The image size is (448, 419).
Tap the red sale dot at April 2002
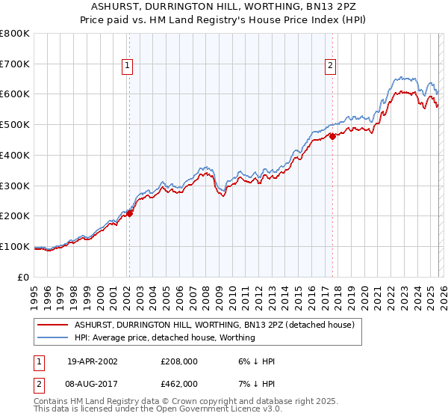point(129,213)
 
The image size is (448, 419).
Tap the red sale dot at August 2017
point(332,136)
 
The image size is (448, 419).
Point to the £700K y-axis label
point(15,64)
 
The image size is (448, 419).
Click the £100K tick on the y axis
point(15,246)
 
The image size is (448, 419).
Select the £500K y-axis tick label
point(15,125)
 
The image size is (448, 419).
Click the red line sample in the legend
point(53,325)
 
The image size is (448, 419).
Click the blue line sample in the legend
point(53,337)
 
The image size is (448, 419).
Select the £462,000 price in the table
point(179,383)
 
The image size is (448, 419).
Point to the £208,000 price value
point(179,361)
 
